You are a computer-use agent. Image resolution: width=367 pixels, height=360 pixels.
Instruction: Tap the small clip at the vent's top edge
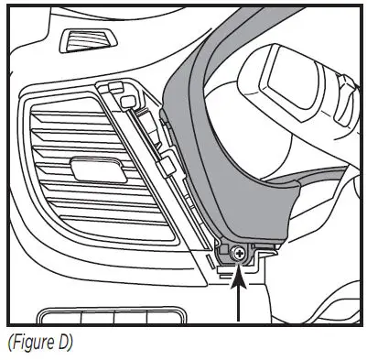click(115, 90)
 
